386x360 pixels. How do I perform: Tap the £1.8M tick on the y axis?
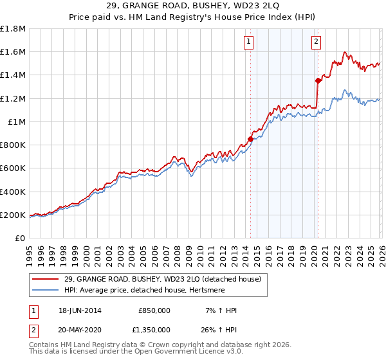14,29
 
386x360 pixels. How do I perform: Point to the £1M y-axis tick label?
17,122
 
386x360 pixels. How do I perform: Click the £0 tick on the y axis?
21,239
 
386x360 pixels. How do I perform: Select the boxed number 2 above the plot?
317,42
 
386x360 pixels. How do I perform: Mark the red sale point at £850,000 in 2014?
250,139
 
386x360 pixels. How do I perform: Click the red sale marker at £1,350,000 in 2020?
318,80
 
